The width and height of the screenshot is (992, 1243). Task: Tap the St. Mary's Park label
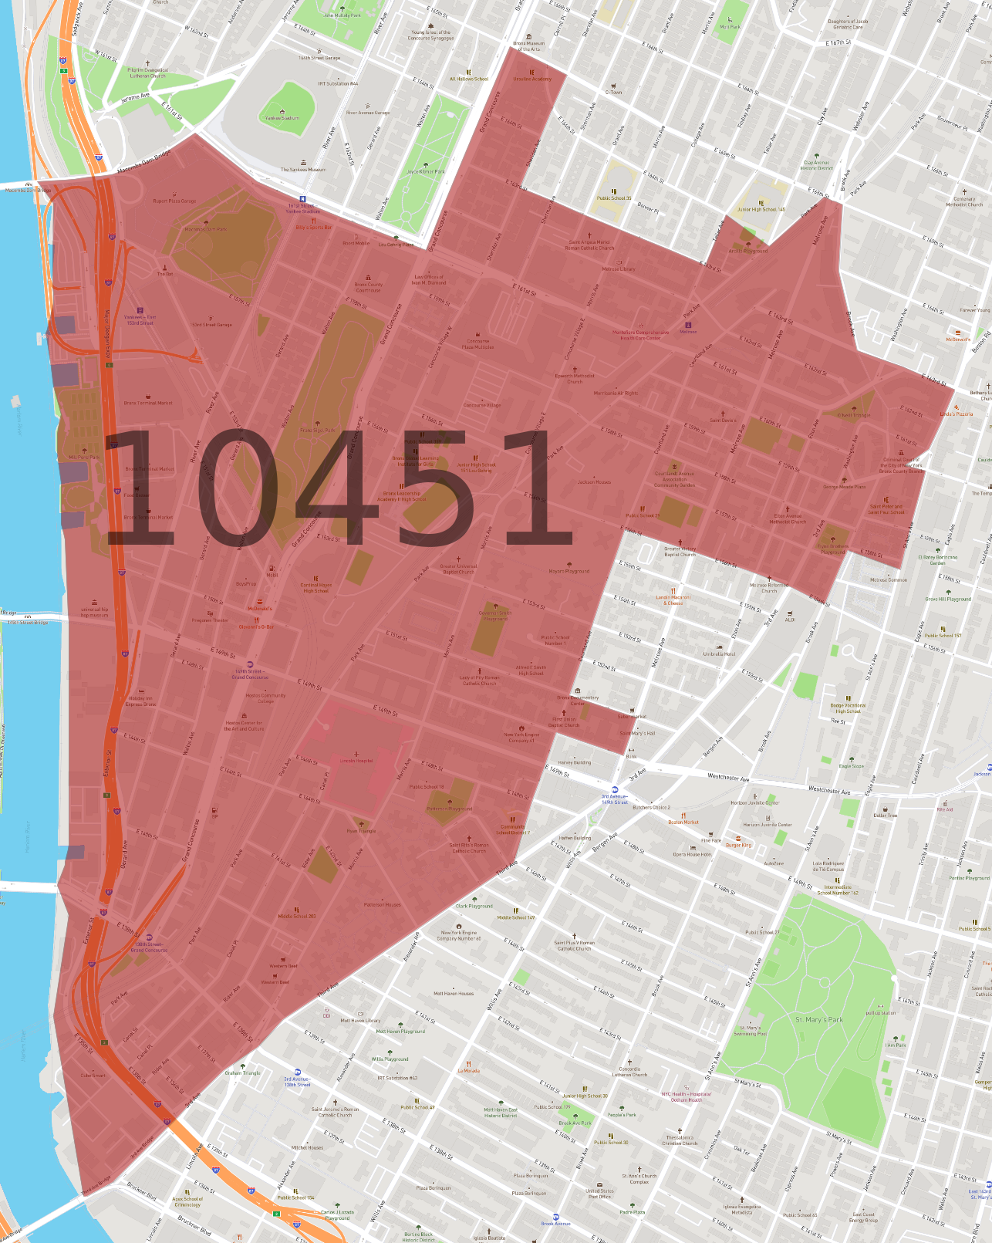(819, 1019)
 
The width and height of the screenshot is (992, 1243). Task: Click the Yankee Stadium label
(282, 118)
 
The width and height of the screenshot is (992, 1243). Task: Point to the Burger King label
(738, 845)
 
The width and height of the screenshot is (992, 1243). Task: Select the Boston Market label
(683, 822)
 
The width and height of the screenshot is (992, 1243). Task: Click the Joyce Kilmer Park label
(426, 171)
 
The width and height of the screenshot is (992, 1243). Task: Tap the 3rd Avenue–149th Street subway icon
(615, 790)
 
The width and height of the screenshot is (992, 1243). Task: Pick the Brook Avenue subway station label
(555, 1224)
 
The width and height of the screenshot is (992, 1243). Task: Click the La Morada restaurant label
(468, 1071)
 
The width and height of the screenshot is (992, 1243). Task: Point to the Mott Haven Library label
(360, 1020)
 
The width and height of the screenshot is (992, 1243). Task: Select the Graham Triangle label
(242, 1072)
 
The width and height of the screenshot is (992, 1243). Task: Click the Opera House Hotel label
(692, 854)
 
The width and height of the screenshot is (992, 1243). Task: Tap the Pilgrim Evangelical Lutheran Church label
(147, 73)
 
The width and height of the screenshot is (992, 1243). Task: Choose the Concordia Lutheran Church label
(629, 1072)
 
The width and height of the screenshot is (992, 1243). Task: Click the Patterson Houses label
(383, 904)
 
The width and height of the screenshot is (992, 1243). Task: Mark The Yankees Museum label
(302, 170)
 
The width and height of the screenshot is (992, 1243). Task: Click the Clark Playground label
(474, 906)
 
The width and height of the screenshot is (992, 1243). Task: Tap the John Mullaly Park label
(342, 15)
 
